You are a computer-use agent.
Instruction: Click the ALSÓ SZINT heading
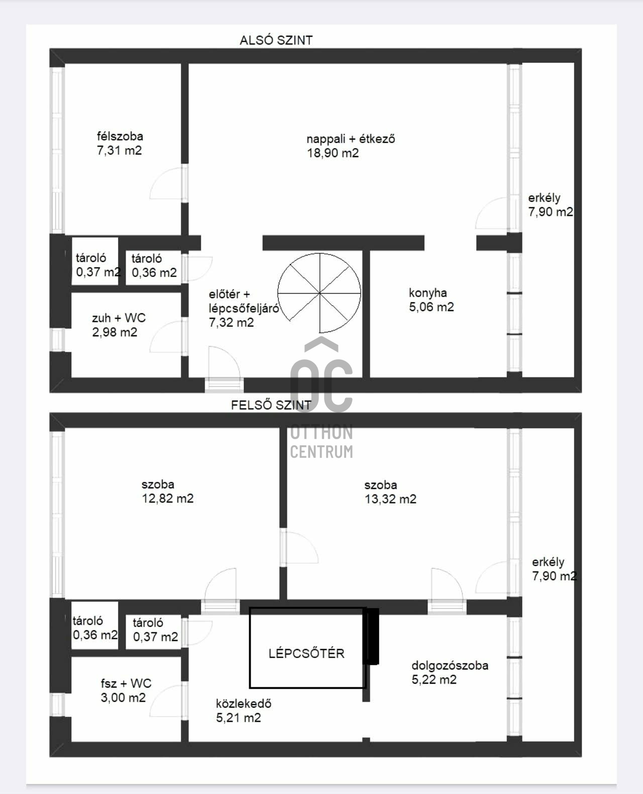(x=276, y=40)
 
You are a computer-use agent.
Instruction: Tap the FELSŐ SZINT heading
(x=271, y=405)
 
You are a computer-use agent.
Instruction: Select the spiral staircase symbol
(x=319, y=293)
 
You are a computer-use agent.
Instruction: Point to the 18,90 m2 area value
(x=333, y=153)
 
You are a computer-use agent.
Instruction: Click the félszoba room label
(x=120, y=136)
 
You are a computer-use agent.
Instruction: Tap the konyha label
(x=428, y=293)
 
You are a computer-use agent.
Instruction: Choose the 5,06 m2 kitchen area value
(x=432, y=307)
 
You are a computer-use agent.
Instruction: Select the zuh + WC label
(x=119, y=318)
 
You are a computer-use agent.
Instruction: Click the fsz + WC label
(x=126, y=683)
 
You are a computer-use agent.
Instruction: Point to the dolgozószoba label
(x=450, y=666)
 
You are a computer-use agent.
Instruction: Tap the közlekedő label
(x=244, y=704)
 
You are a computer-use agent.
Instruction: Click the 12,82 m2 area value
(x=168, y=499)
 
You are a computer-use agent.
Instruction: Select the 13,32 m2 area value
(x=390, y=499)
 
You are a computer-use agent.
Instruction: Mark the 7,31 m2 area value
(x=120, y=151)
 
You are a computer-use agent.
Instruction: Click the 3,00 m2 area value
(x=123, y=698)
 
